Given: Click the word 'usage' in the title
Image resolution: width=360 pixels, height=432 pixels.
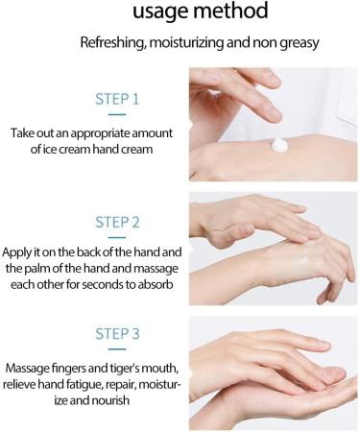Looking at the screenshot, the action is point(160,12).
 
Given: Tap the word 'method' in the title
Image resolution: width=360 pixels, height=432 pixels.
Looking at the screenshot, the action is point(230,10).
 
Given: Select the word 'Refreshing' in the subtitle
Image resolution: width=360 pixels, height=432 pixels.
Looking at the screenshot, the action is point(112,42).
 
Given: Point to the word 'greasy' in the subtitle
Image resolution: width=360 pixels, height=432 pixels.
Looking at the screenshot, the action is point(300,43).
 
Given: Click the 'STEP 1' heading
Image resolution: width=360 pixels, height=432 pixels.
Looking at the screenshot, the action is point(117,99).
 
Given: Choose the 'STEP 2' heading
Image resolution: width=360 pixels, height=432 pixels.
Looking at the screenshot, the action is point(117,222).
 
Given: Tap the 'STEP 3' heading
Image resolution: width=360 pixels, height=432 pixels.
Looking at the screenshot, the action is point(117,334).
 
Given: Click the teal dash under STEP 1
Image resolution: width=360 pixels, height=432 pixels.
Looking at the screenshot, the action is point(117,114).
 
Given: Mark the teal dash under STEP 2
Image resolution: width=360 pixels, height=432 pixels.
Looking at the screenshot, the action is point(117,237).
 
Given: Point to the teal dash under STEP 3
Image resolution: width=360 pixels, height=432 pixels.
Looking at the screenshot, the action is point(117,349).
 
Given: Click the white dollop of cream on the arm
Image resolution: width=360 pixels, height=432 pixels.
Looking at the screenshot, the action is point(279,145).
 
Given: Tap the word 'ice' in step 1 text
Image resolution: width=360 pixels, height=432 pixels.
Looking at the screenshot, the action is point(47,149).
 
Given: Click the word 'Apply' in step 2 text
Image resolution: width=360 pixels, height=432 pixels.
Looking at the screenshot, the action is point(15,252).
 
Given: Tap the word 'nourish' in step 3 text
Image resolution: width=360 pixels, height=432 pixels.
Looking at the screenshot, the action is point(110,400).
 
